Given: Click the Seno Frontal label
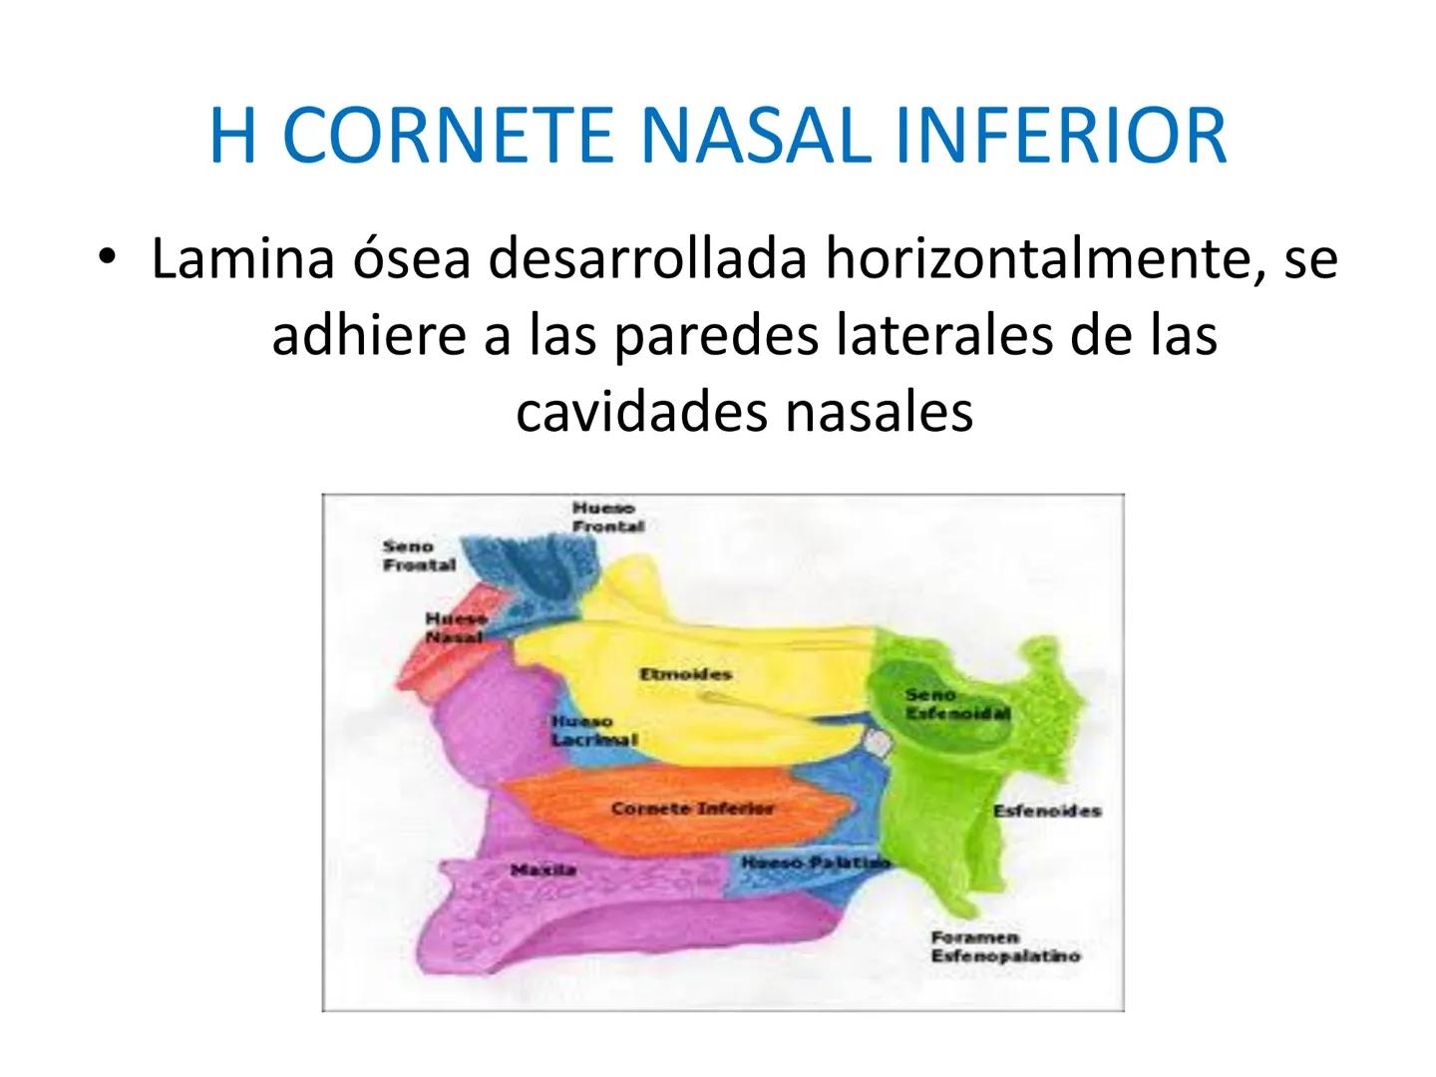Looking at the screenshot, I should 419,555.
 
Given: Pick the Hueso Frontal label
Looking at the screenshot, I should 607,518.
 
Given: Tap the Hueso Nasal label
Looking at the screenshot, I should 455,627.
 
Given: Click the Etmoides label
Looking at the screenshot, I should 685,675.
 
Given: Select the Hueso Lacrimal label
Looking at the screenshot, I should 593,730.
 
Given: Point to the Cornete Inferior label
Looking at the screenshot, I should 692,809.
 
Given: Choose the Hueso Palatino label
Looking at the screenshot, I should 815,862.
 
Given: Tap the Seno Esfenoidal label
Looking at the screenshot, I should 957,704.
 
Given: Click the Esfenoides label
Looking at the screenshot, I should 1047,811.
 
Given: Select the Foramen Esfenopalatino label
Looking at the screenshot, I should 1004,946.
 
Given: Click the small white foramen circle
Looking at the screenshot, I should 877,743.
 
